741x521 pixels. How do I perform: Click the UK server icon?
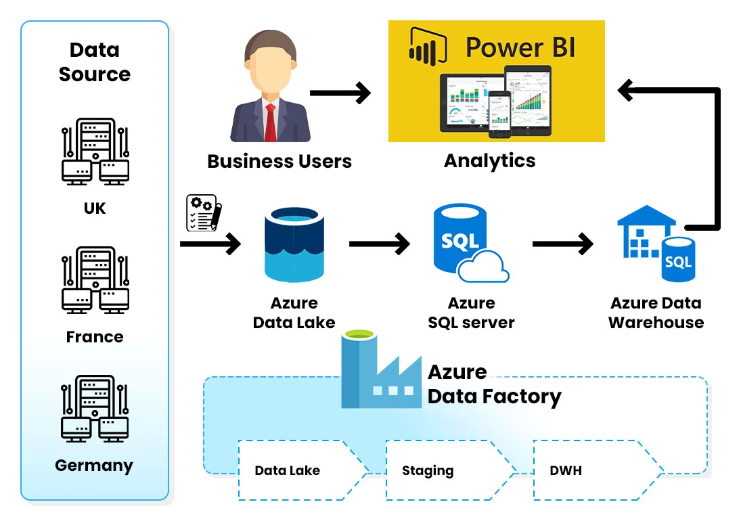point(95,152)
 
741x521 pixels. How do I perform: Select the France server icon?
point(95,280)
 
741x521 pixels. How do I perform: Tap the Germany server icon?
point(95,409)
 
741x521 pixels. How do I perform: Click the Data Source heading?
point(94,62)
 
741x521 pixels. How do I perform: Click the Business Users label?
point(279,162)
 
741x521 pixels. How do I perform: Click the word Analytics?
point(489,161)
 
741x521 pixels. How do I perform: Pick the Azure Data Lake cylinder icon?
point(294,245)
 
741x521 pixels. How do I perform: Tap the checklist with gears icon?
point(201,212)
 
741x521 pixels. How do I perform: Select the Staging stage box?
point(443,471)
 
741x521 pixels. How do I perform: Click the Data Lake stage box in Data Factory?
point(298,471)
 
